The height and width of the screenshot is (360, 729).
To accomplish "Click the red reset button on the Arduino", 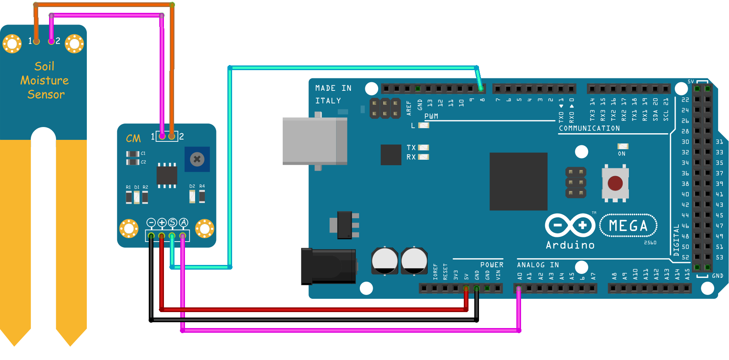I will tap(615, 183).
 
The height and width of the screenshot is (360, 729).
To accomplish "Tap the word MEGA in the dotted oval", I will tap(628, 226).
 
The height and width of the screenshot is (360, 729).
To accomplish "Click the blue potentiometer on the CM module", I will tap(197, 159).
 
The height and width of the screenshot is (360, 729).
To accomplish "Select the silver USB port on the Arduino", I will tap(314, 141).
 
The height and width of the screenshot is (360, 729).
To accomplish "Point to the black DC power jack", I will tap(328, 266).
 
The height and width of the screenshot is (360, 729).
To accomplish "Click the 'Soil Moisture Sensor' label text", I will tap(45, 80).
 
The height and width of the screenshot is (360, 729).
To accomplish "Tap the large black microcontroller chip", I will tap(518, 181).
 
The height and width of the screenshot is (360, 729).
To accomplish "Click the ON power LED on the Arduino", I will tap(623, 146).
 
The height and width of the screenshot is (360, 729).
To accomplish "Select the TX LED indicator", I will tap(423, 148).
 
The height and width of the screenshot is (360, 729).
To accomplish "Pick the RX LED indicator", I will tap(423, 157).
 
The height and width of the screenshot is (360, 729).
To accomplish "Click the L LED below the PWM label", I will tap(423, 125).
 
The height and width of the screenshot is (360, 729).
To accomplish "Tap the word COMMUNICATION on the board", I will tap(589, 128).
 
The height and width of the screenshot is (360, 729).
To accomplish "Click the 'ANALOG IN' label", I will tap(538, 265).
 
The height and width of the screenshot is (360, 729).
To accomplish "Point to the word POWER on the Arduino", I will tap(491, 265).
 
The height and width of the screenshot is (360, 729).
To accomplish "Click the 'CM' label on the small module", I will tap(133, 138).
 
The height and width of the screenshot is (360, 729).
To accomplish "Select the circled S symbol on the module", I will tap(173, 222).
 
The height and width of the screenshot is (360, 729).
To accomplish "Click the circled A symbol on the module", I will tap(183, 222).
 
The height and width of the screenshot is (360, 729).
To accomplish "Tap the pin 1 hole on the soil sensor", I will tap(37, 41).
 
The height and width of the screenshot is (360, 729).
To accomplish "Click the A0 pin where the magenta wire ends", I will tap(518, 289).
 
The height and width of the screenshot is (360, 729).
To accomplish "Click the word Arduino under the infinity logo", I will tap(570, 245).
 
